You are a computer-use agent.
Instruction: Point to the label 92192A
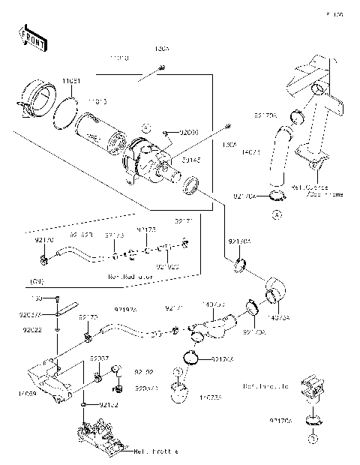[125, 309]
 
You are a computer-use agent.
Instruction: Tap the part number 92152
[108, 405]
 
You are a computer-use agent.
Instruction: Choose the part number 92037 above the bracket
[99, 358]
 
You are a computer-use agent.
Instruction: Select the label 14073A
[282, 317]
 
